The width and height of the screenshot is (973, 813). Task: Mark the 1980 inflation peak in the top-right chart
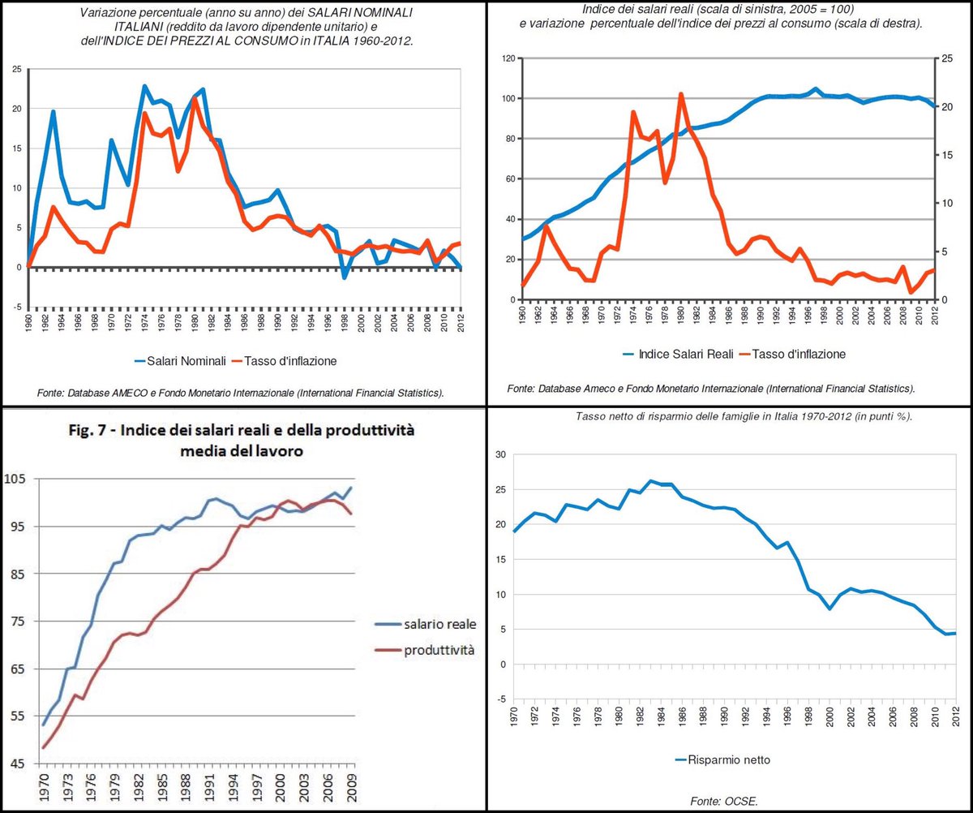click(x=681, y=94)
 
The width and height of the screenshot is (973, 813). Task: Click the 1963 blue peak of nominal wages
click(x=53, y=112)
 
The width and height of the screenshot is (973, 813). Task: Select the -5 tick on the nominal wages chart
click(x=16, y=307)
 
